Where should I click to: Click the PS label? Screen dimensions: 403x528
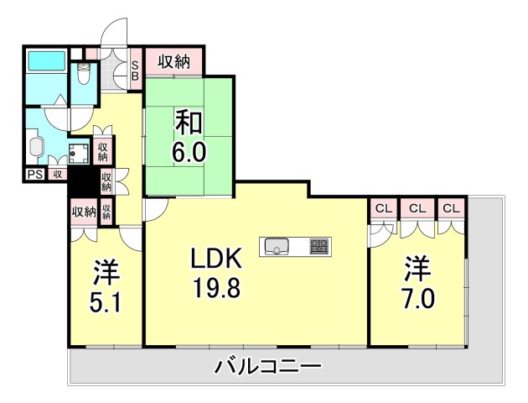click(34, 175)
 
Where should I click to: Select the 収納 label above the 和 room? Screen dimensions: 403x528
click(174, 62)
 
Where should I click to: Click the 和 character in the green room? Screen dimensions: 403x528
click(189, 123)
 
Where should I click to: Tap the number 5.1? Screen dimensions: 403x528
click(106, 301)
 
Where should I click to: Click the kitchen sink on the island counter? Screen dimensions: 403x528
click(277, 247)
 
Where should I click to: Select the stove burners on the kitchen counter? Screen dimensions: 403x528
click(319, 247)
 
